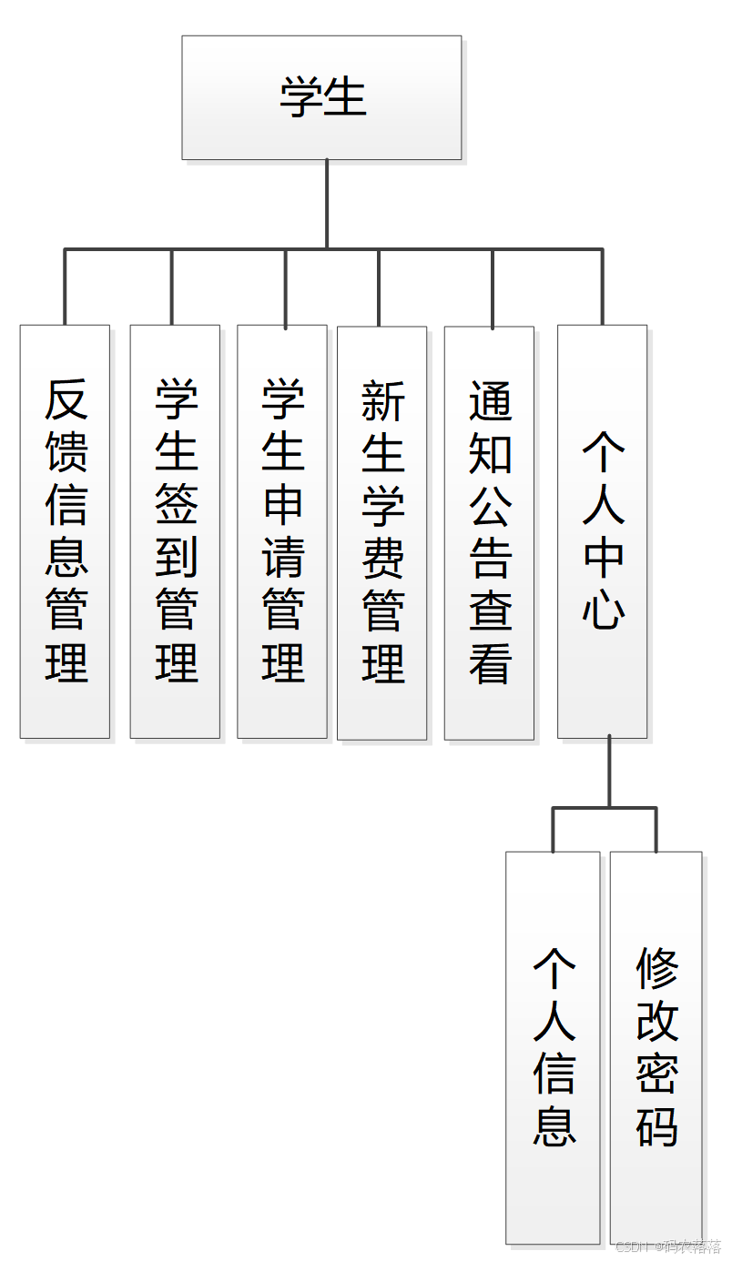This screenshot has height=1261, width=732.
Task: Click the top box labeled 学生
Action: [321, 97]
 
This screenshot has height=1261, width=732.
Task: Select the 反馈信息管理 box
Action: [65, 531]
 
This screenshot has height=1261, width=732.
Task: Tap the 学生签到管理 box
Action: [175, 531]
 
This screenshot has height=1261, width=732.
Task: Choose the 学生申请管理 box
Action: [282, 531]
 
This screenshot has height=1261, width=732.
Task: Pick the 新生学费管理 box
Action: [381, 532]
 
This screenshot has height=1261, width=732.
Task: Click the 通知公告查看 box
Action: [489, 532]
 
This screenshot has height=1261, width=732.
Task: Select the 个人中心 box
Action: [602, 531]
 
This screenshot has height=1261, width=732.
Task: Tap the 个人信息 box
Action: [553, 1046]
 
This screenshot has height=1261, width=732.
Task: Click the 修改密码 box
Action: [656, 1046]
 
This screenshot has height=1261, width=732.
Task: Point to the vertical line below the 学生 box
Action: [327, 203]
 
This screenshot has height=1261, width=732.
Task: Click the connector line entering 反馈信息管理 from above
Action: [65, 287]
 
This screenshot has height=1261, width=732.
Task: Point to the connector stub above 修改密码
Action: [656, 830]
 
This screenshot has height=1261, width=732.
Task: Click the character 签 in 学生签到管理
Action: [176, 503]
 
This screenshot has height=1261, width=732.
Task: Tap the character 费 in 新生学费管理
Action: [382, 557]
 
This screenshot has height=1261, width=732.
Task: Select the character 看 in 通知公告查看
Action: [490, 662]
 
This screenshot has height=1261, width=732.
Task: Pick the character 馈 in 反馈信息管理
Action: [66, 450]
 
